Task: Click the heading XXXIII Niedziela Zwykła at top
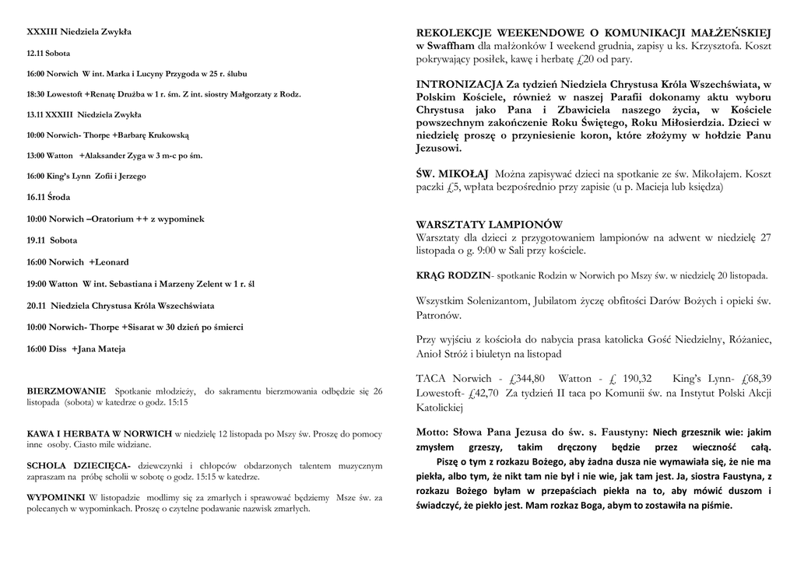coord(79,32)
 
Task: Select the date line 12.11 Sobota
coord(48,54)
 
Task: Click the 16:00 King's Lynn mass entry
coord(86,176)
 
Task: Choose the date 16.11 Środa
coord(48,197)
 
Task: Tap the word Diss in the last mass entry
coord(58,349)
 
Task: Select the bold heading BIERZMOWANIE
coord(66,391)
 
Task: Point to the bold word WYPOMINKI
coord(57,496)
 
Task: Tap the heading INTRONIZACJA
coord(460,83)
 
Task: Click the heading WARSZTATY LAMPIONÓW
coord(489,225)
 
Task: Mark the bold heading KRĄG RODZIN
coord(453,275)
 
